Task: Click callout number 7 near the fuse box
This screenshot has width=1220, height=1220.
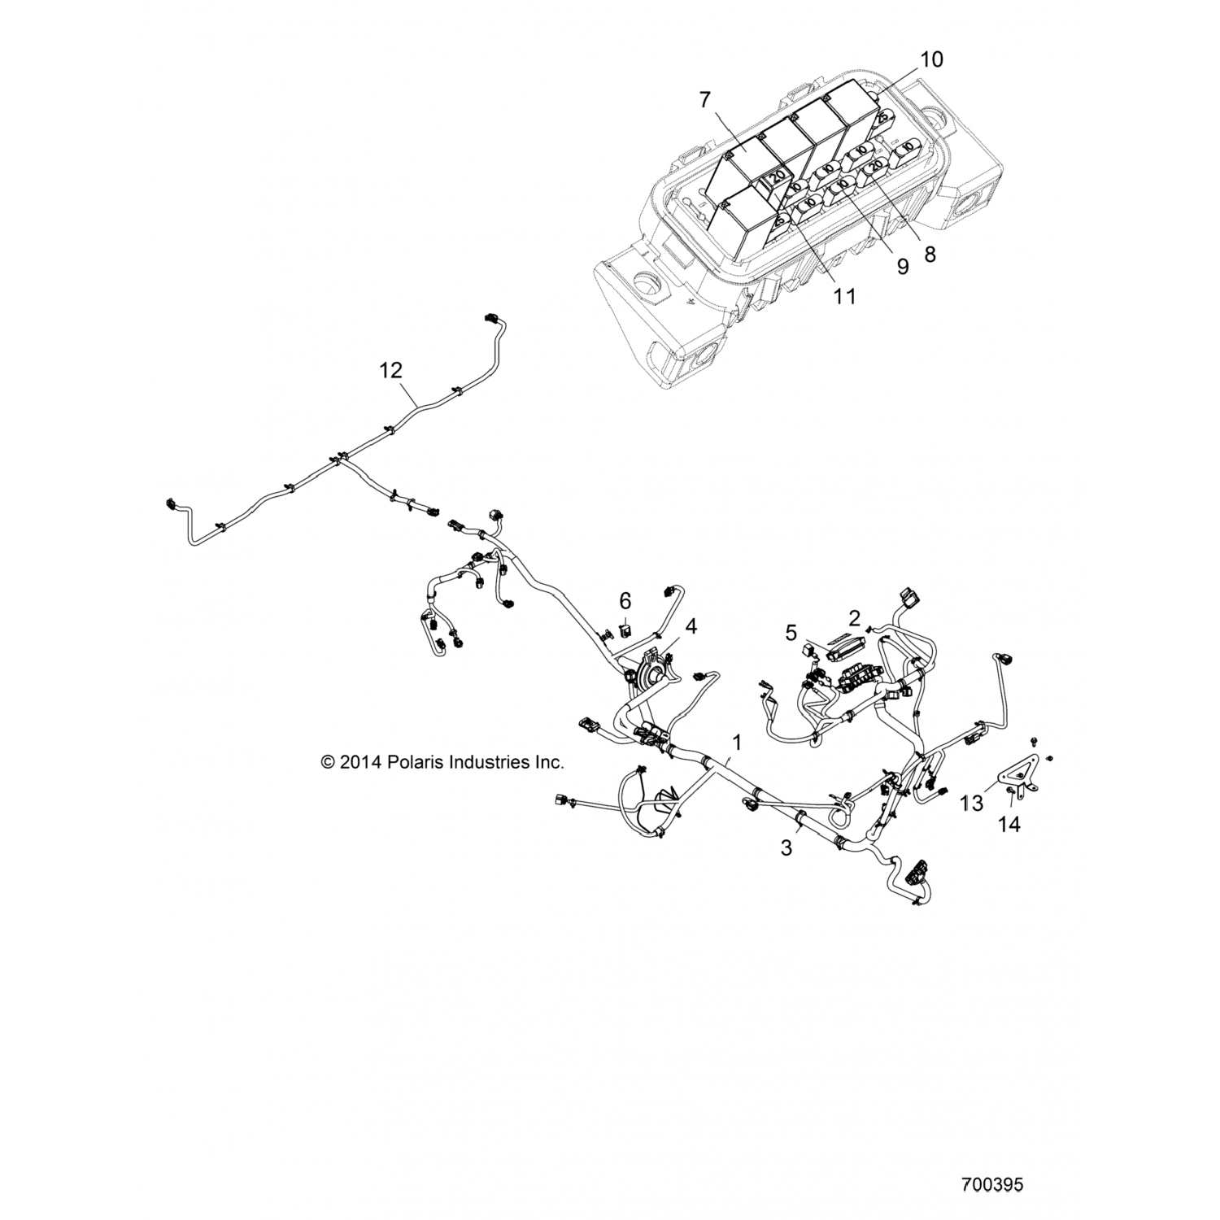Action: pyautogui.click(x=704, y=99)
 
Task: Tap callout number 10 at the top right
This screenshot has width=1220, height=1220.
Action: pyautogui.click(x=932, y=59)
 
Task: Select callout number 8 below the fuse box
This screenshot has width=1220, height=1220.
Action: pyautogui.click(x=930, y=254)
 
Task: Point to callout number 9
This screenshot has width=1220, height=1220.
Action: pyautogui.click(x=903, y=267)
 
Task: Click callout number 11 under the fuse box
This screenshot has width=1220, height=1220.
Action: pyautogui.click(x=845, y=296)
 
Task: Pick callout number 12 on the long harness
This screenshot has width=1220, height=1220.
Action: pyautogui.click(x=391, y=370)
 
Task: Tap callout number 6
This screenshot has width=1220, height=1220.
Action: pyautogui.click(x=625, y=601)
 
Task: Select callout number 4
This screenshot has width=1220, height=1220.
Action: pyautogui.click(x=691, y=626)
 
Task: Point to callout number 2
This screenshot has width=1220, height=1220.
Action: pyautogui.click(x=854, y=618)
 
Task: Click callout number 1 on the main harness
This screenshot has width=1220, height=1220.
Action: pyautogui.click(x=737, y=742)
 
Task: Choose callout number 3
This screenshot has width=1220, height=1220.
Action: pyautogui.click(x=786, y=847)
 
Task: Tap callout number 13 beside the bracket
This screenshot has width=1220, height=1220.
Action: pyautogui.click(x=972, y=804)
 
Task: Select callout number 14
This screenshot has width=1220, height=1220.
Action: pyautogui.click(x=1009, y=824)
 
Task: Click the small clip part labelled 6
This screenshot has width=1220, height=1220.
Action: pyautogui.click(x=624, y=629)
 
